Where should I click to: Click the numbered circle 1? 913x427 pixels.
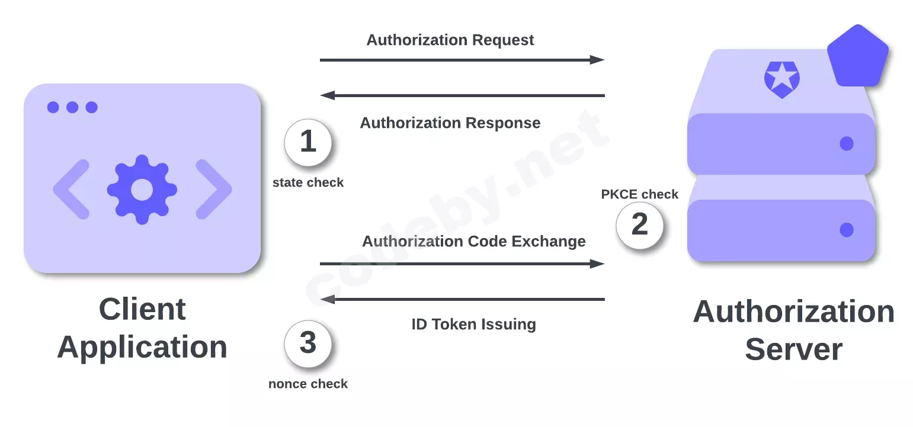(308, 142)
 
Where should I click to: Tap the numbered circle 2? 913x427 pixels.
(639, 225)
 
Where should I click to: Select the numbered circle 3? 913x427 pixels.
(308, 343)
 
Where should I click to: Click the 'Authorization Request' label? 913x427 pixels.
(450, 40)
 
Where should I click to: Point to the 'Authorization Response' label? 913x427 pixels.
(450, 123)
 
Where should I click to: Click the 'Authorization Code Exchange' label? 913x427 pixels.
(473, 241)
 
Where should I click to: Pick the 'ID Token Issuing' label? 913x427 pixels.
(473, 325)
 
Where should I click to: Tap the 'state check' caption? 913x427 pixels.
(308, 182)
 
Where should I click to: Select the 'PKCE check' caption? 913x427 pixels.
(639, 194)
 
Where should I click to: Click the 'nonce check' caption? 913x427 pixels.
(308, 384)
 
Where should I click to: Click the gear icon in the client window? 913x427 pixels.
(142, 190)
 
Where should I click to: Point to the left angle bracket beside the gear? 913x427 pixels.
(71, 190)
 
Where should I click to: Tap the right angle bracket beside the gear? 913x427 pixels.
(213, 190)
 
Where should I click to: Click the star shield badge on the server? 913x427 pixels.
(781, 79)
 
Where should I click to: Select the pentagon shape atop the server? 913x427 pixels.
(858, 57)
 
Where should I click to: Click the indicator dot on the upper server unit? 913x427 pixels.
(847, 143)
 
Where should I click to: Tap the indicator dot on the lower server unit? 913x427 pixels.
(847, 230)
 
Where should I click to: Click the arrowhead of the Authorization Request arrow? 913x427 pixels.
(597, 60)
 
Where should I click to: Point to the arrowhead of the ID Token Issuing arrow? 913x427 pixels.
(328, 300)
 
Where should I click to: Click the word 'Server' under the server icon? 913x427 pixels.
(793, 349)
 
